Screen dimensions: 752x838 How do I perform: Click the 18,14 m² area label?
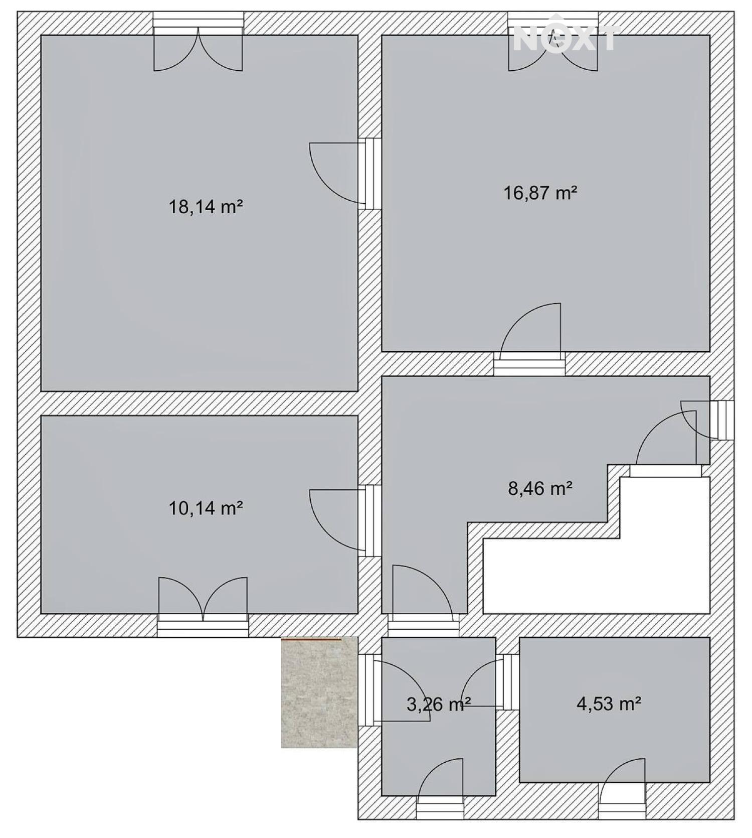pos(206,207)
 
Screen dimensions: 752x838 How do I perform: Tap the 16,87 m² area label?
pos(540,193)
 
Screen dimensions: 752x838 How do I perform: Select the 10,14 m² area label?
pos(206,508)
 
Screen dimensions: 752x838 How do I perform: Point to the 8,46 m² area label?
pos(540,488)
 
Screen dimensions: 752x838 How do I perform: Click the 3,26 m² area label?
pos(439,705)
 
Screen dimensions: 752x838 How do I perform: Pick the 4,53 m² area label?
pos(609,704)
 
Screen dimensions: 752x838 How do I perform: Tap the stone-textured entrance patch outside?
pos(319,692)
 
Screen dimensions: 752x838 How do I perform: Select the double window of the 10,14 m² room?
pos(203,607)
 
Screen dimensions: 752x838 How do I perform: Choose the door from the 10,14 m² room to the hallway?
pos(345,520)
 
